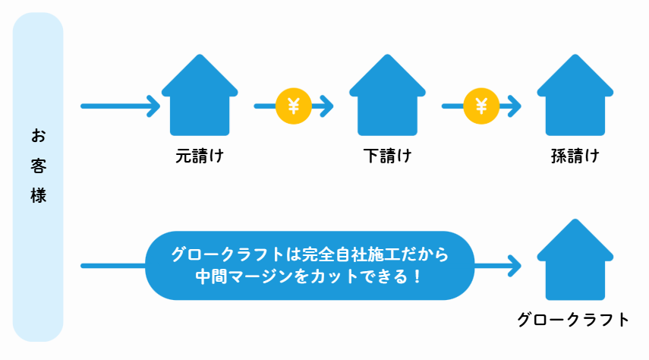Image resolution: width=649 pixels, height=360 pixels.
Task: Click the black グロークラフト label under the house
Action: [x=574, y=319]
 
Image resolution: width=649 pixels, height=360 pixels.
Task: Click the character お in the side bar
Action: [x=39, y=136]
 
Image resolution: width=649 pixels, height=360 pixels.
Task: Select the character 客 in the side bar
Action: [x=39, y=166]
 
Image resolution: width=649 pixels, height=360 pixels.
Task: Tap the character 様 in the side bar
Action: [x=39, y=195]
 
